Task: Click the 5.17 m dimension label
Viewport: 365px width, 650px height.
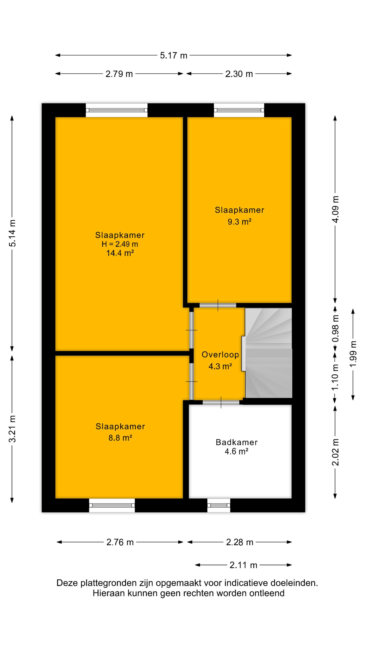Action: pos(174,55)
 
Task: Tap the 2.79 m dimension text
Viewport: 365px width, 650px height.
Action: pos(119,74)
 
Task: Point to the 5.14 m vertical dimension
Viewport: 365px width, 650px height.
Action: pos(12,233)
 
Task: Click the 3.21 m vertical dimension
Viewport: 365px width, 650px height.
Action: pos(12,429)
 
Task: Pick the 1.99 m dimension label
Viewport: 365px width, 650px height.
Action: pos(353,354)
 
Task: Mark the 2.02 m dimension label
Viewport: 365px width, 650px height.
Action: pos(335,452)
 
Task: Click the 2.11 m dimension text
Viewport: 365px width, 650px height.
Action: pos(243,565)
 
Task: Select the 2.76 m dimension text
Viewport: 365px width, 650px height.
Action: pos(120,542)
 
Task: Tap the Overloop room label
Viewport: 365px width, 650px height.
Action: pos(220,354)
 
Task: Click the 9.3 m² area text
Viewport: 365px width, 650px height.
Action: pos(240,222)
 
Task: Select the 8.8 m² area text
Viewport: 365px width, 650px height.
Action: pos(120,438)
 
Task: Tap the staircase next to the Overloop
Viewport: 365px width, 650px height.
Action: pos(269,353)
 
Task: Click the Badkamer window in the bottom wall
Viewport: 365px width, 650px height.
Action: pos(219,505)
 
